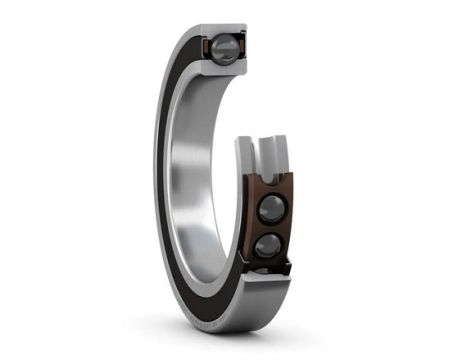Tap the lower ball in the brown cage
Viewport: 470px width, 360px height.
coord(269,246)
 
